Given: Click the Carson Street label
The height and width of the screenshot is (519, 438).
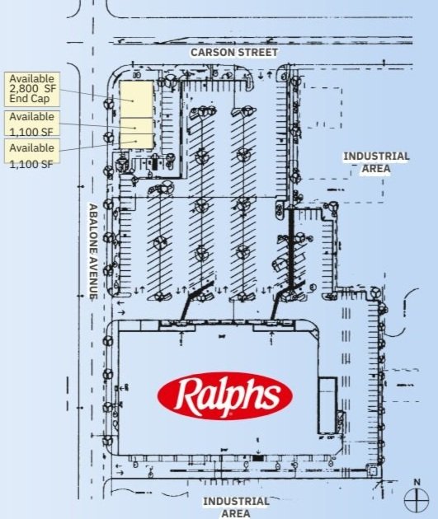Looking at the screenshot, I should pyautogui.click(x=234, y=52).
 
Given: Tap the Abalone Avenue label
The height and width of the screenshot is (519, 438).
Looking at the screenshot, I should pyautogui.click(x=94, y=251).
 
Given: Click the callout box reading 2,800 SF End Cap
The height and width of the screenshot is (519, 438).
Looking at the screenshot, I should pyautogui.click(x=32, y=89).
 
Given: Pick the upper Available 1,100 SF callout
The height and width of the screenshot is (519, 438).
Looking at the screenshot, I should pyautogui.click(x=32, y=124).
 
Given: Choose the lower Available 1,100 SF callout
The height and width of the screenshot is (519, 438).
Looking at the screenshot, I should pyautogui.click(x=32, y=154).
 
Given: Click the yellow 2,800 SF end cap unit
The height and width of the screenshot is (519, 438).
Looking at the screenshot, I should pyautogui.click(x=137, y=99).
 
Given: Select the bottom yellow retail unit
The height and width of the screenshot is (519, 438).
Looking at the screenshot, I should pyautogui.click(x=137, y=141).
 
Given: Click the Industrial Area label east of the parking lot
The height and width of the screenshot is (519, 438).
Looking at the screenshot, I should pyautogui.click(x=376, y=162).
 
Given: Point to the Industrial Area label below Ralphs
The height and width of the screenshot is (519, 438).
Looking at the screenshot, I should pyautogui.click(x=236, y=507).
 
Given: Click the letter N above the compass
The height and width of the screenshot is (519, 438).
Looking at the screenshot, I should pyautogui.click(x=417, y=482).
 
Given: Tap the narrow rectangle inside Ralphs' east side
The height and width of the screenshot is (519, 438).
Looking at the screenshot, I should pyautogui.click(x=327, y=404).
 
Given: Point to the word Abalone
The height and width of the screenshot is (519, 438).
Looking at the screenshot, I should pyautogui.click(x=94, y=226).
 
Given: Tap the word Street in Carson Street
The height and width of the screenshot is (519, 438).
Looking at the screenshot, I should pyautogui.click(x=258, y=52).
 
